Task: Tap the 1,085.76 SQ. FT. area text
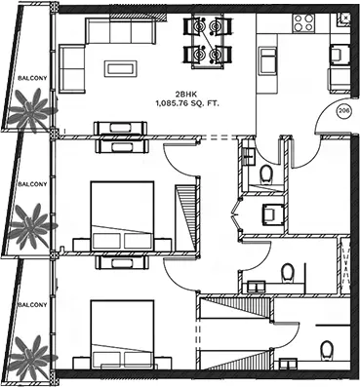[187, 104]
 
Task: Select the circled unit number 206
[343, 111]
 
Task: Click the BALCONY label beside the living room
[32, 78]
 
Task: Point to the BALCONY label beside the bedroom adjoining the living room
[32, 184]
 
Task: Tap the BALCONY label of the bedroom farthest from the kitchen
[32, 305]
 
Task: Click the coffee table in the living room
[121, 68]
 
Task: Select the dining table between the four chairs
[208, 41]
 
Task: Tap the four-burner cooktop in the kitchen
[303, 22]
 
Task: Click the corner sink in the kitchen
[343, 19]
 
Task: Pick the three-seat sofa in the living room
[121, 31]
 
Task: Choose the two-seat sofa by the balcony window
[72, 69]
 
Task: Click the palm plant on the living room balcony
[30, 110]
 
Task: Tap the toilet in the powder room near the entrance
[266, 174]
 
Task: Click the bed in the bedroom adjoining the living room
[122, 216]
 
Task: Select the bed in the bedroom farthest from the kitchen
[122, 334]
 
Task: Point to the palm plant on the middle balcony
[31, 226]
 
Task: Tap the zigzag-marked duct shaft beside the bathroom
[344, 265]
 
